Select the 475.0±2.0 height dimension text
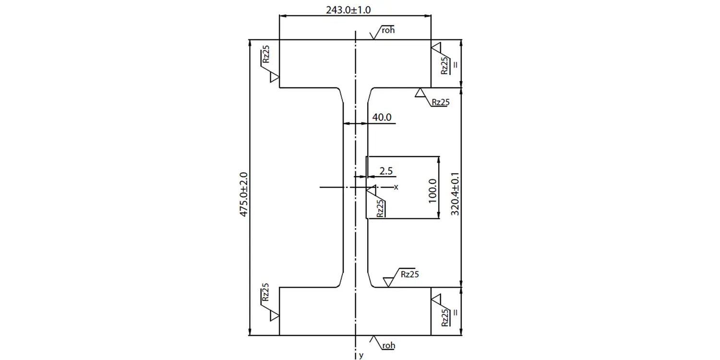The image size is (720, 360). tap(243, 194)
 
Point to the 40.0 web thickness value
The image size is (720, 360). tap(382, 117)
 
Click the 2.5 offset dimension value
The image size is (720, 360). tap(386, 171)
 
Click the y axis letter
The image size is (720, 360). tap(361, 356)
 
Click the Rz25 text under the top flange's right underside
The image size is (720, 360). tap(441, 102)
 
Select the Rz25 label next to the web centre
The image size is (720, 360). tap(380, 208)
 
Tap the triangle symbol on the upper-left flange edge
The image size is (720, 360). tap(275, 77)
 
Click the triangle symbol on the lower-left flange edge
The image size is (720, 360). tap(275, 315)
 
